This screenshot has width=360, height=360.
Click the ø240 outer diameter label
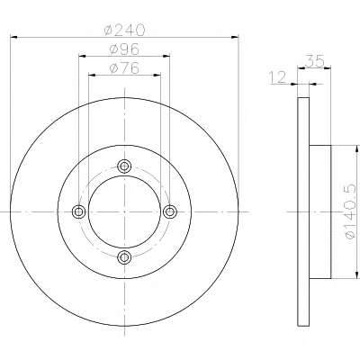(124, 30)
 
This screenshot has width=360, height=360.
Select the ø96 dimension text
(124, 49)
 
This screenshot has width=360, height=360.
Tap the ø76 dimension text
(124, 68)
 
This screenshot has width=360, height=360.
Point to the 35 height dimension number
(315, 61)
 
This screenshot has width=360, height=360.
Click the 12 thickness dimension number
(277, 77)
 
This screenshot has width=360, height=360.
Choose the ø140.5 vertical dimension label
(350, 211)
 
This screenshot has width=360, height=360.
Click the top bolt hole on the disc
(124, 166)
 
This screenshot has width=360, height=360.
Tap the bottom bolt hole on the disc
(124, 257)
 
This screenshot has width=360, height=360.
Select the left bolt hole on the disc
(79, 211)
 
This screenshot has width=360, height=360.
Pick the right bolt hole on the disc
(170, 211)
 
